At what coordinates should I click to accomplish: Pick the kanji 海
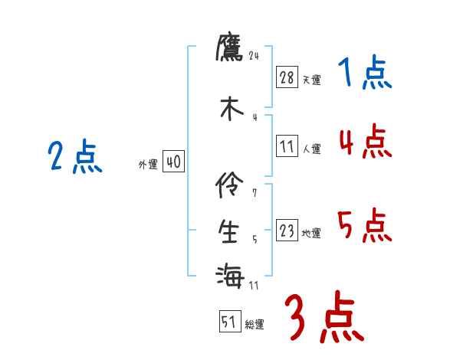point(230,274)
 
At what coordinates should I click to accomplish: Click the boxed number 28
point(287,78)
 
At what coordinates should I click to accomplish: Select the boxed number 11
point(287,147)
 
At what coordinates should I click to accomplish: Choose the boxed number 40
point(173,162)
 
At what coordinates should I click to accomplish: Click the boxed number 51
point(229,322)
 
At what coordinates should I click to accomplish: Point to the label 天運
point(311,80)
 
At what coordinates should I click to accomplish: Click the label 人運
point(311,149)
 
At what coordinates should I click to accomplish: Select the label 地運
point(311,233)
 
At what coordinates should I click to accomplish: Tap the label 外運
point(147,164)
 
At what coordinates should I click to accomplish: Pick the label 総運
point(255,324)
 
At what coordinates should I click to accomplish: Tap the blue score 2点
point(75,158)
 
